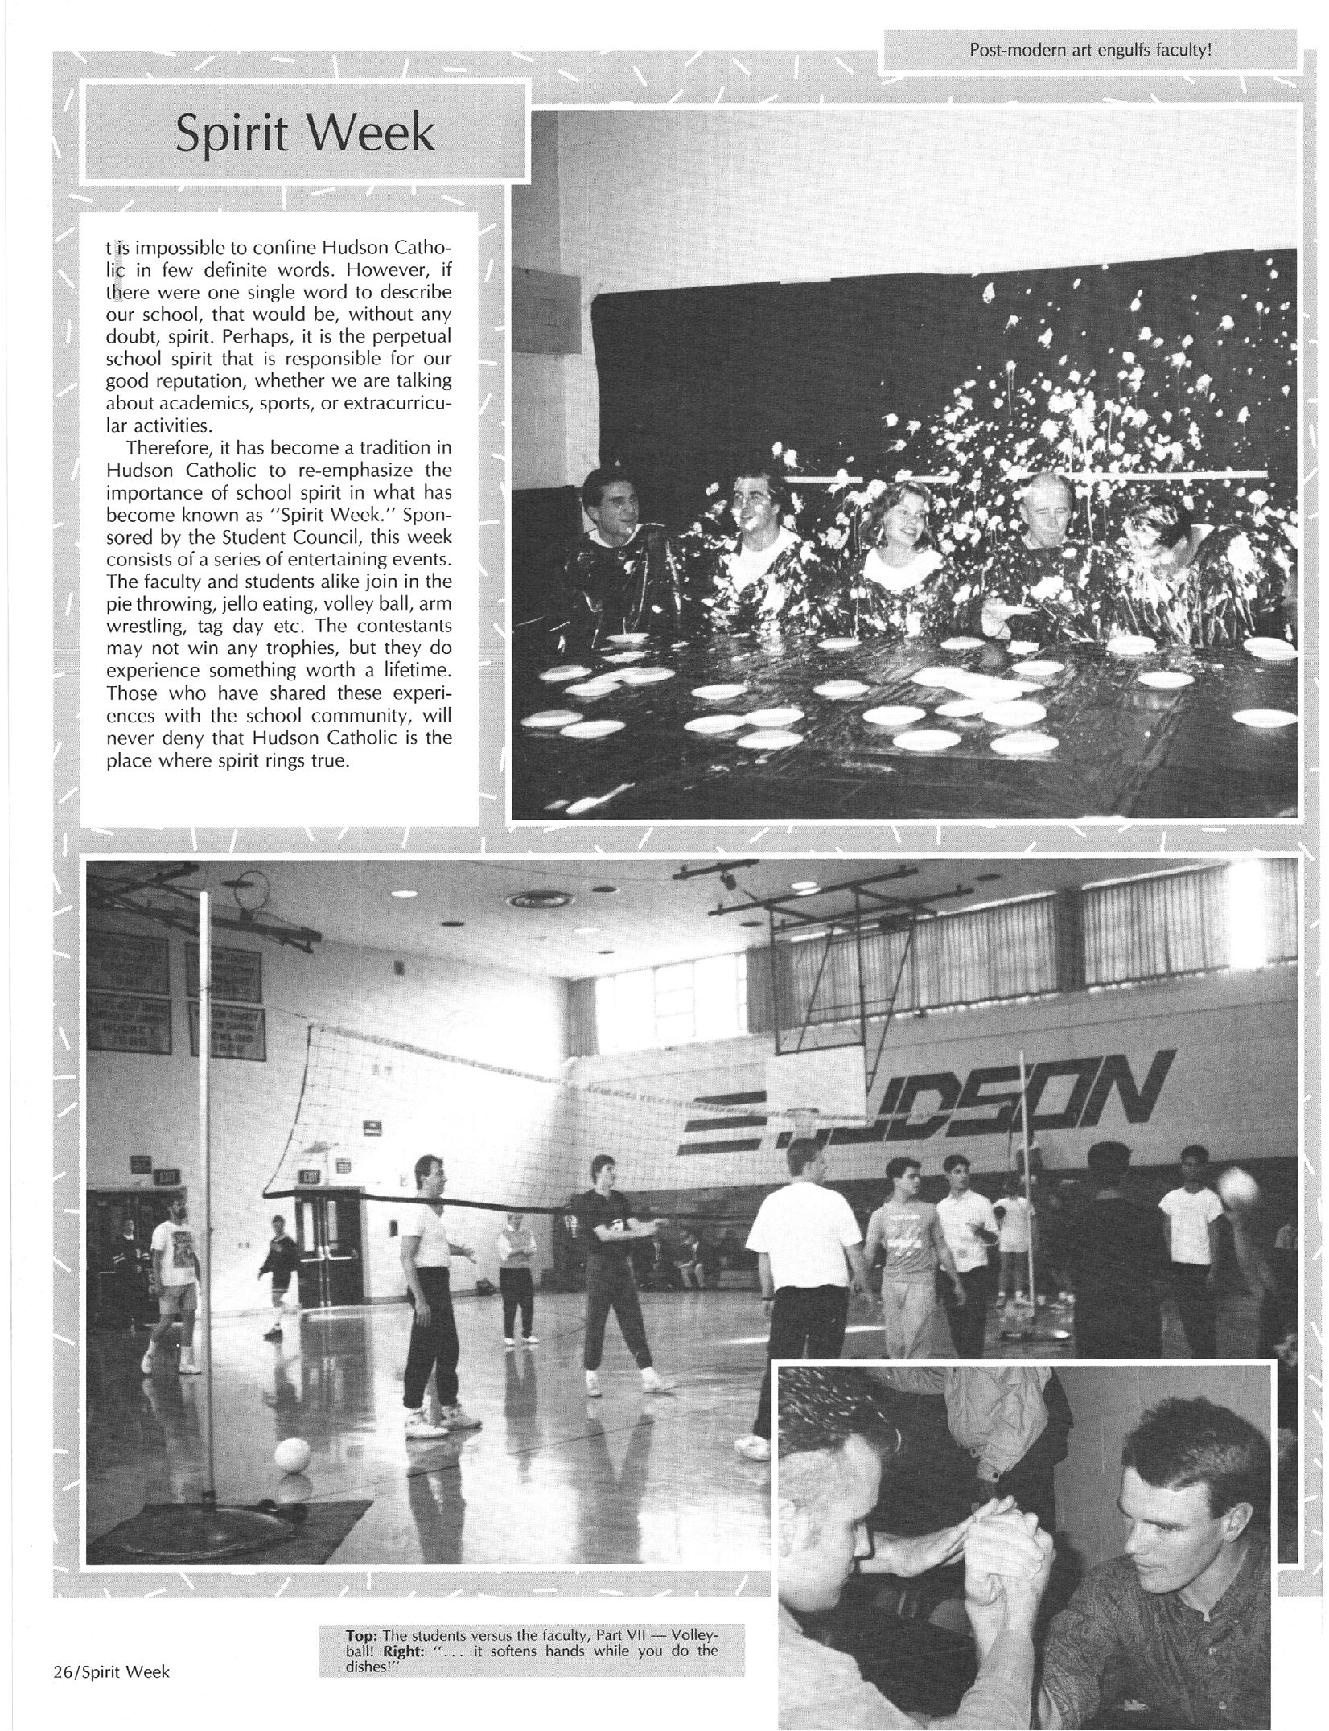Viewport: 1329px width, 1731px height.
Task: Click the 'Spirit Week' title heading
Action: click(305, 134)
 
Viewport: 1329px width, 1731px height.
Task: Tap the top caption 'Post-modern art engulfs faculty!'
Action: click(1090, 49)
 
